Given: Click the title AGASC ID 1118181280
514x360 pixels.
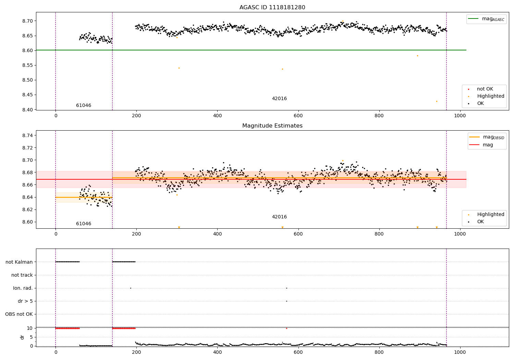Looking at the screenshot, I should pyautogui.click(x=272, y=8).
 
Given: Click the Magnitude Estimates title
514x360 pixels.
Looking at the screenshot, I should pyautogui.click(x=272, y=126).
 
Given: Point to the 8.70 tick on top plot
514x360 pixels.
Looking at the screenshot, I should pyautogui.click(x=28, y=21).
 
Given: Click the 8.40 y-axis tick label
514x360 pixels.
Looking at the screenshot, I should pyautogui.click(x=28, y=110).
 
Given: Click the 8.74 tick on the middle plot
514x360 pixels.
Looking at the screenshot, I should pyautogui.click(x=28, y=135).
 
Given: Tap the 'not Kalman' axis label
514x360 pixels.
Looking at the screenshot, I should pyautogui.click(x=19, y=262).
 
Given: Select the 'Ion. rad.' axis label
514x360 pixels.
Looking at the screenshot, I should pyautogui.click(x=23, y=288).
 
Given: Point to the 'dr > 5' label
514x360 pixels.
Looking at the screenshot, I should pyautogui.click(x=25, y=301).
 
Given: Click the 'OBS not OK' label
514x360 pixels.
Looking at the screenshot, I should pyautogui.click(x=19, y=314).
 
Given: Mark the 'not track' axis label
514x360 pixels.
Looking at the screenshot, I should pyautogui.click(x=22, y=275).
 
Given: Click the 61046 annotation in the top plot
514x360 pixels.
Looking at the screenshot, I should pyautogui.click(x=84, y=106).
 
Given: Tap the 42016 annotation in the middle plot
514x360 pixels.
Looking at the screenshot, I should pyautogui.click(x=279, y=217).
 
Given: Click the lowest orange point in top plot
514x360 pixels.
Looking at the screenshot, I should pyautogui.click(x=437, y=101).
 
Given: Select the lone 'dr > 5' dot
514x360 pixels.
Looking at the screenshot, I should pyautogui.click(x=286, y=301).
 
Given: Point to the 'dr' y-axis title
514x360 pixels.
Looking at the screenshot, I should pyautogui.click(x=22, y=337).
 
